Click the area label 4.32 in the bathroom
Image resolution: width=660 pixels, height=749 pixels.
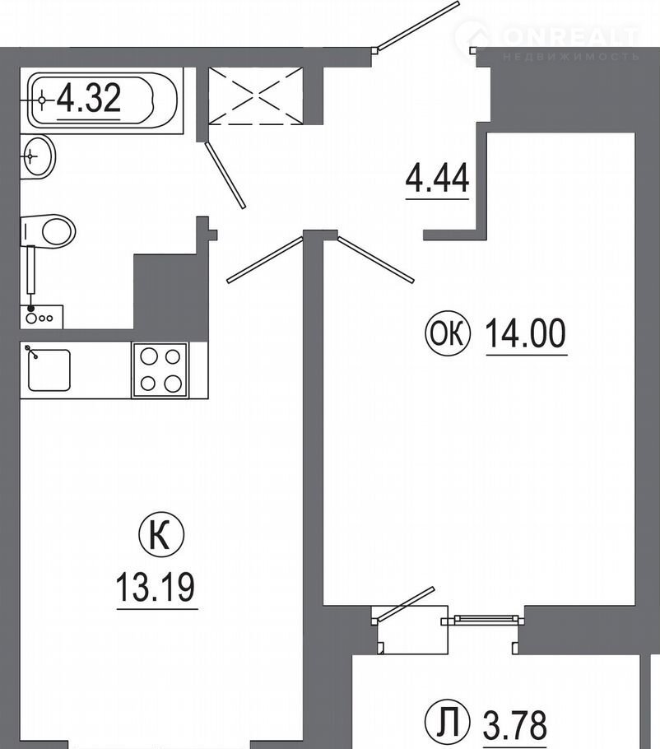click(88, 98)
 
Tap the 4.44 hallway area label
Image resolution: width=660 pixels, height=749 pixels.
click(437, 178)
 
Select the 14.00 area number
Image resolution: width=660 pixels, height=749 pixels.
click(526, 333)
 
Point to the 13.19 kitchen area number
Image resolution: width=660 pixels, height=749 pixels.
click(156, 587)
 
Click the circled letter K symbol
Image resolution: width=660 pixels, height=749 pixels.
click(161, 537)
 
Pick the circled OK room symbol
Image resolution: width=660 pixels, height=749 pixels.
click(448, 333)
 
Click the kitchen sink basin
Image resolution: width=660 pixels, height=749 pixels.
click(49, 370)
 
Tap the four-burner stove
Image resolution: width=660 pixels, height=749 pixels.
click(160, 370)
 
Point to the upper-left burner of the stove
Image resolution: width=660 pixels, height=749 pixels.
click(149, 356)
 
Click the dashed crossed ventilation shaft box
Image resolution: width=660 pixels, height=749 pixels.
click(256, 96)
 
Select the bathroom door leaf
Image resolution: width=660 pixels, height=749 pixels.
click(225, 174)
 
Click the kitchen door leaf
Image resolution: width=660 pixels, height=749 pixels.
click(265, 259)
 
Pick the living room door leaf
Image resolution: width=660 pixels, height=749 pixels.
click(376, 259)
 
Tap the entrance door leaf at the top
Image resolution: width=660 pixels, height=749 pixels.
click(416, 26)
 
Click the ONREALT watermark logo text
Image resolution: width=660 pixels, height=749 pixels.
click(570, 37)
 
